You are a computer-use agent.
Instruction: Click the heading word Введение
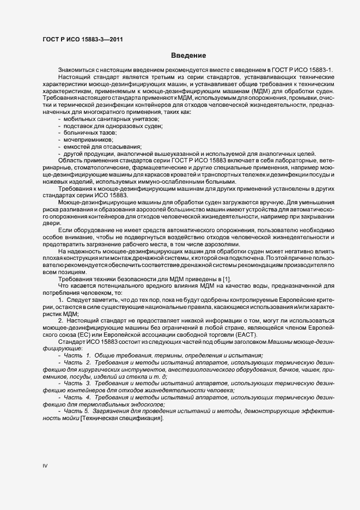[188, 56]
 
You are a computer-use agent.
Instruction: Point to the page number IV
[45, 466]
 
